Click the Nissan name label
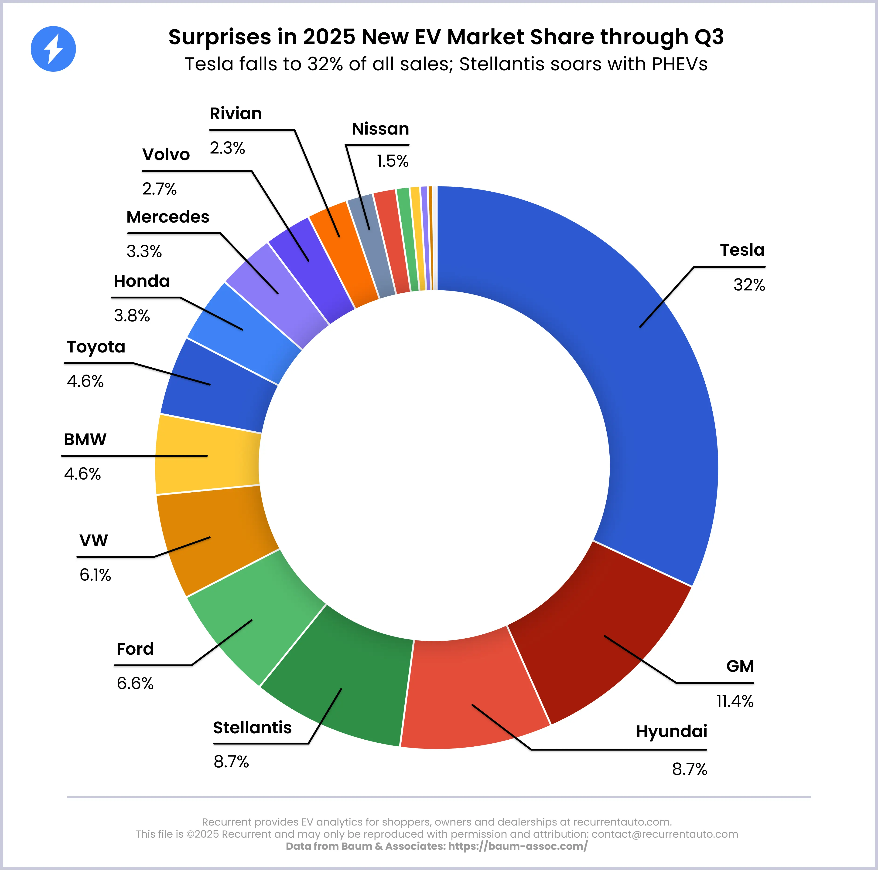point(380,129)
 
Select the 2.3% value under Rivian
point(227,148)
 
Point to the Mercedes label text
point(168,217)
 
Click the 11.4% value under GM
point(735,701)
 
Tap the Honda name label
point(142,281)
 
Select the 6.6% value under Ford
point(135,683)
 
